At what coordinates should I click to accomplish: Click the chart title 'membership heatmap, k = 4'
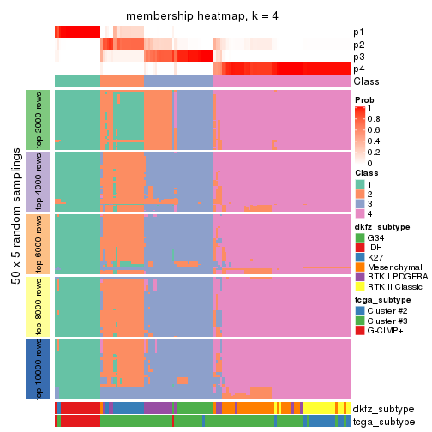coord(202,16)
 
